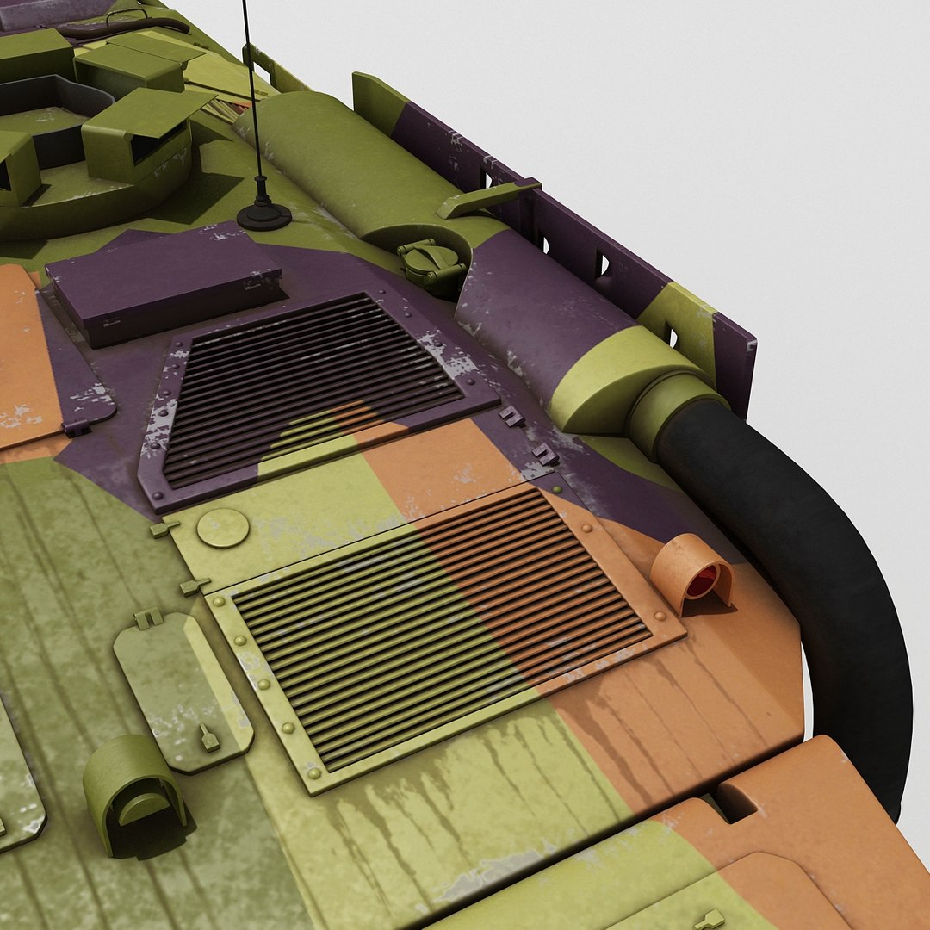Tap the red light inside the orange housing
click(x=702, y=582)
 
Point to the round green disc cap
click(x=222, y=528)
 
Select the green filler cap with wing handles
click(x=431, y=262)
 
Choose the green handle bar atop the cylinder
click(x=487, y=197)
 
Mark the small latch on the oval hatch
click(x=208, y=737)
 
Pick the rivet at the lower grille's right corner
click(x=660, y=616)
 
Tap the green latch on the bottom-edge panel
click(x=710, y=919)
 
